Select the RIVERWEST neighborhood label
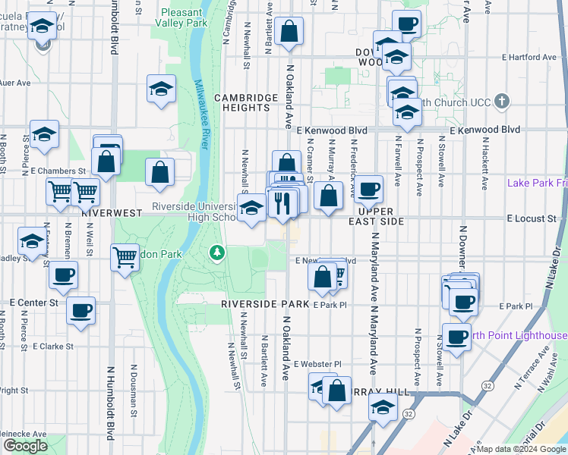pos(112,214)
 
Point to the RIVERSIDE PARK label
pos(265,303)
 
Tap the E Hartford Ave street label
pos(524,57)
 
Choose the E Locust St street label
pos(531,218)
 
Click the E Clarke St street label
pos(52,346)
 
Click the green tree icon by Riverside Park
pos(217,251)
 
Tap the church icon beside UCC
pos(502,102)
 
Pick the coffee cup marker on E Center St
pos(80,309)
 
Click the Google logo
pos(25,446)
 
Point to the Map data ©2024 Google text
pos(522,449)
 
